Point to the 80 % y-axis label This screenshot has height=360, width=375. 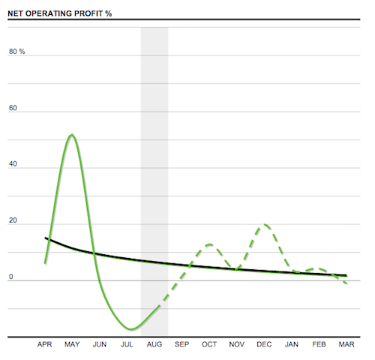(17, 52)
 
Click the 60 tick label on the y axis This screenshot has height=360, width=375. (13, 109)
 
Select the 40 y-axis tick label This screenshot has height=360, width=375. (13, 166)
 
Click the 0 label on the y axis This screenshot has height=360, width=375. (10, 277)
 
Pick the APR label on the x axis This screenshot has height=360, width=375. (46, 345)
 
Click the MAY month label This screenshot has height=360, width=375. (72, 345)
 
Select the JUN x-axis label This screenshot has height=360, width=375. (99, 345)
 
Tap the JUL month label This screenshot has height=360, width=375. (127, 345)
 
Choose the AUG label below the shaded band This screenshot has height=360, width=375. (154, 345)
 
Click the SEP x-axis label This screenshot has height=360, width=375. (181, 345)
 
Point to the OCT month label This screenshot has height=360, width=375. (208, 345)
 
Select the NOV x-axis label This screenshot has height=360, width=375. (236, 345)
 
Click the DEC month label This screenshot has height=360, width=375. (263, 345)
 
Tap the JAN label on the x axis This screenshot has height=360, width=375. (291, 345)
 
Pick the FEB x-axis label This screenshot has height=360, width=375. (318, 345)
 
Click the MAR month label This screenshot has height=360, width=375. (345, 345)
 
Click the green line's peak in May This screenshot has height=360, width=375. (71, 135)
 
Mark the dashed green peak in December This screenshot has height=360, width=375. (263, 224)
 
